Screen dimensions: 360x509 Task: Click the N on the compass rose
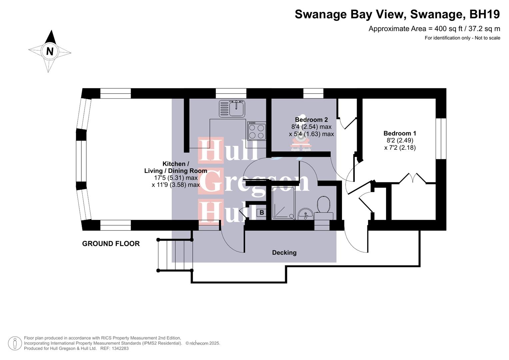[50, 51]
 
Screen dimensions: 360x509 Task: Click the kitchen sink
[232, 109]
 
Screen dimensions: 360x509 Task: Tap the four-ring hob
[257, 131]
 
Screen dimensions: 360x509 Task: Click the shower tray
[283, 203]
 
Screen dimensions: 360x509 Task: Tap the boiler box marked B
[262, 213]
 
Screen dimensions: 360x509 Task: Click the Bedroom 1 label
[400, 133]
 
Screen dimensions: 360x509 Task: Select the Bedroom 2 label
[311, 120]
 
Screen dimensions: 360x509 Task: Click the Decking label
[284, 253]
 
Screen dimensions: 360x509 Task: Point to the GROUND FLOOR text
[111, 244]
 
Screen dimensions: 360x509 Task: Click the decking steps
[175, 255]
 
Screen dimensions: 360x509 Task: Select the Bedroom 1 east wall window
[441, 138]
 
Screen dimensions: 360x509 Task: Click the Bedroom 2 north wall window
[313, 93]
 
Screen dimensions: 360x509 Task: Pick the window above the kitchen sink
[231, 93]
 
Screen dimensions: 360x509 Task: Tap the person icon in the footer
[15, 343]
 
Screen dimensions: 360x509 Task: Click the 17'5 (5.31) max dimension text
[176, 178]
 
